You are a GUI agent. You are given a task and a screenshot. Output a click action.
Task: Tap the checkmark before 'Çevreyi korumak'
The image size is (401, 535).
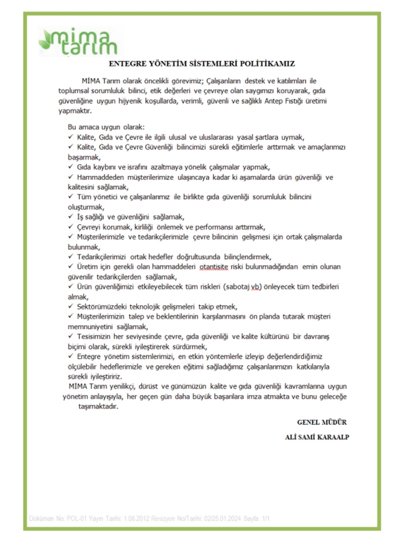point(71,227)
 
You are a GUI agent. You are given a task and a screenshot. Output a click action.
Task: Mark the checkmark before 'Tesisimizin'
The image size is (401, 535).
point(71,336)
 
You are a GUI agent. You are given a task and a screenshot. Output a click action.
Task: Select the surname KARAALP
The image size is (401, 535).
point(332,437)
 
